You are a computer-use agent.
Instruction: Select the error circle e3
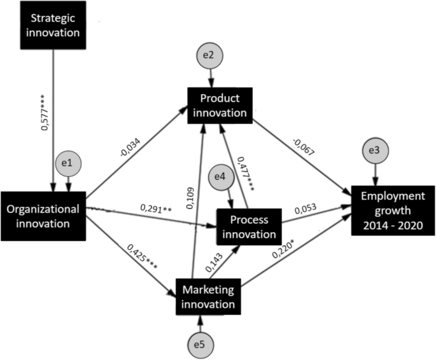click(375, 150)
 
